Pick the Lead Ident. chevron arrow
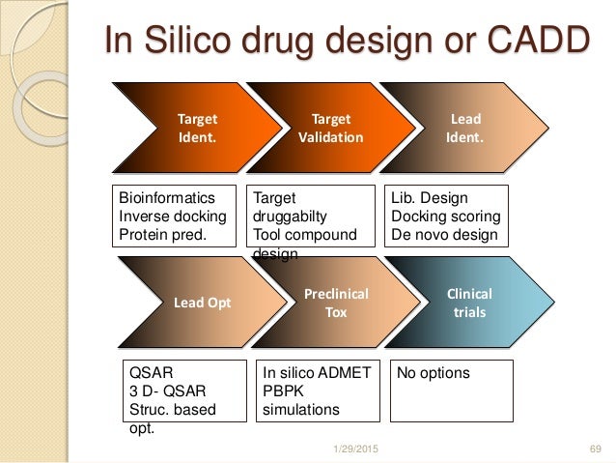(x=463, y=128)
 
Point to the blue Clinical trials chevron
(x=468, y=302)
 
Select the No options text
(x=434, y=372)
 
